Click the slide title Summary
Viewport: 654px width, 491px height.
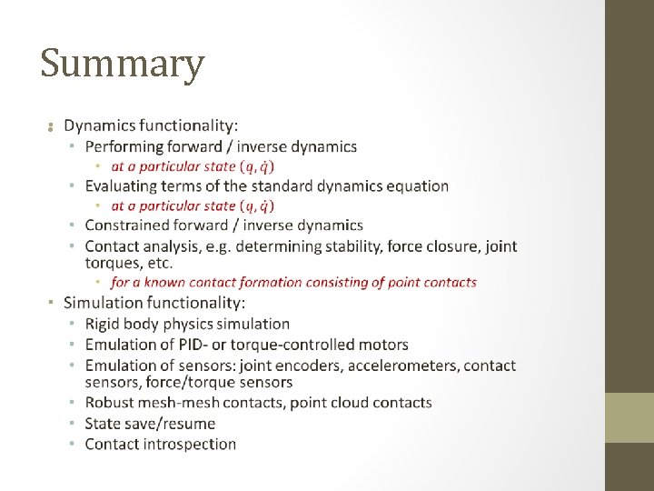click(x=123, y=65)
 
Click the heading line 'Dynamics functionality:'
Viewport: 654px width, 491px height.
click(x=152, y=125)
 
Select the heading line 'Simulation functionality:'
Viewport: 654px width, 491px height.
click(x=154, y=303)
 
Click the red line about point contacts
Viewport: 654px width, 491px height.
click(x=293, y=283)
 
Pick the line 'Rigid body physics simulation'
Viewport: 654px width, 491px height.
click(x=187, y=324)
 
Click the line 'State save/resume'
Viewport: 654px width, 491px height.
click(x=150, y=424)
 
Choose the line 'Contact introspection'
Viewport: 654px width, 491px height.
click(x=160, y=445)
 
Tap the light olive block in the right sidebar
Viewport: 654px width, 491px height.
click(x=629, y=417)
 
